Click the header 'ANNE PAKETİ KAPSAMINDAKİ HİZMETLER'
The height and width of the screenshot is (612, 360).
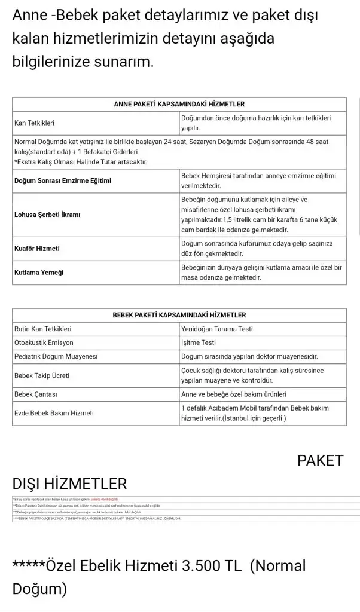coord(179,104)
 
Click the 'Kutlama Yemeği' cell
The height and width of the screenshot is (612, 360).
coord(39,273)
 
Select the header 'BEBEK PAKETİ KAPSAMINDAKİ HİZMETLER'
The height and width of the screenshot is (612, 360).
coord(179,315)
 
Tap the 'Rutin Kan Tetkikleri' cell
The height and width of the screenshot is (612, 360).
coord(42,329)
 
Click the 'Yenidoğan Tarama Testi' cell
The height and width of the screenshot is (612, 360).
coord(217,329)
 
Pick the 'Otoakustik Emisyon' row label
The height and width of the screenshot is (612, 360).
coord(44,342)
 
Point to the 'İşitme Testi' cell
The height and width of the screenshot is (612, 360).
coord(198,342)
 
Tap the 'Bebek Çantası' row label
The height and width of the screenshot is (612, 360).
coord(36,394)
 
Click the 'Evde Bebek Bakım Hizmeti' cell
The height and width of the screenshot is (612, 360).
coord(54,413)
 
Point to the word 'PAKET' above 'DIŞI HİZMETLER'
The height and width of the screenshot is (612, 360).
coord(320,461)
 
